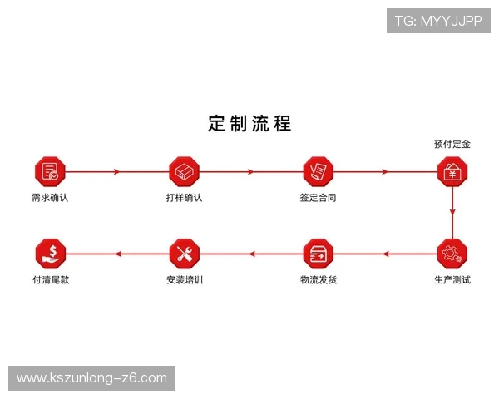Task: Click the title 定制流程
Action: [x=249, y=124]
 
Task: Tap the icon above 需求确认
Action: [x=50, y=171]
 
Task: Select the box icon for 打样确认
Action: [x=184, y=171]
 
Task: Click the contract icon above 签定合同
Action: [x=318, y=171]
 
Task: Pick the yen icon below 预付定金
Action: [x=452, y=171]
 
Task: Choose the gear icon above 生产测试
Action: [x=452, y=253]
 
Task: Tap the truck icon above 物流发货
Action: [x=318, y=253]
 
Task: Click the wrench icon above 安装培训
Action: [x=184, y=253]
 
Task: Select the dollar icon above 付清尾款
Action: [x=50, y=253]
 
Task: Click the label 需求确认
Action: [x=50, y=199]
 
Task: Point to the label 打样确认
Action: [x=184, y=199]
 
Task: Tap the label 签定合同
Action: [x=318, y=199]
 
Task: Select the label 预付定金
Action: [x=452, y=144]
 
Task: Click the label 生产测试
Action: [x=452, y=280]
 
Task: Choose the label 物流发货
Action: [x=318, y=280]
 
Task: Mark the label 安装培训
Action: [x=184, y=280]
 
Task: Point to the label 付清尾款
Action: [x=50, y=280]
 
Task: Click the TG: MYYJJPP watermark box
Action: [x=438, y=20]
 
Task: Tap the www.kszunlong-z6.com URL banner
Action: [x=92, y=378]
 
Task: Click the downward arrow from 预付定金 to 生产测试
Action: [x=452, y=212]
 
